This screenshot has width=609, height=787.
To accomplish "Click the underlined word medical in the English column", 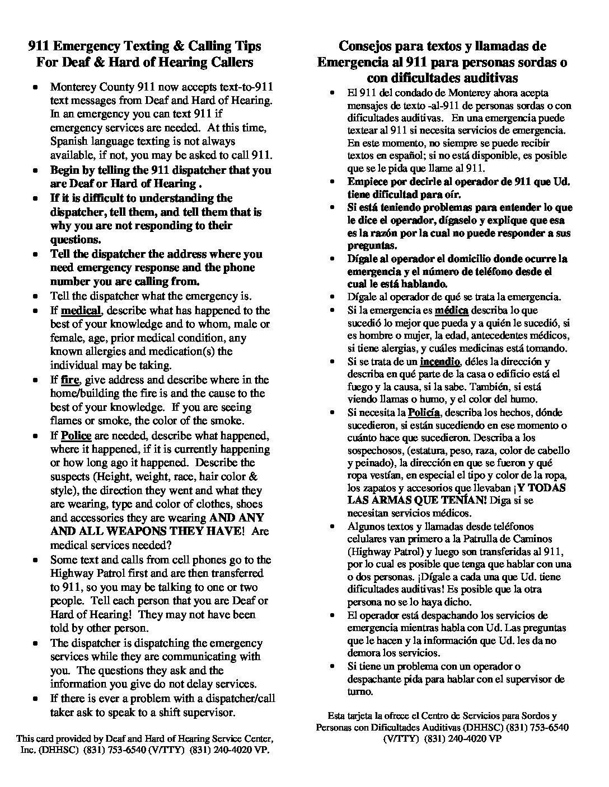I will tap(81, 310).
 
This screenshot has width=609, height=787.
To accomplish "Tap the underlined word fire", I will tap(70, 380).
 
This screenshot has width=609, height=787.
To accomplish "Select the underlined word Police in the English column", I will tap(76, 435).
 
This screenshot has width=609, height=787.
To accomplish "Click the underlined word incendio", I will tap(440, 362).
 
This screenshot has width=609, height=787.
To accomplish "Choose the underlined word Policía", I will tap(424, 413).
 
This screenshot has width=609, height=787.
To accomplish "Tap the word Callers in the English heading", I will tap(225, 62).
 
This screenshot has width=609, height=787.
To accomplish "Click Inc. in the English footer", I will tap(27, 750).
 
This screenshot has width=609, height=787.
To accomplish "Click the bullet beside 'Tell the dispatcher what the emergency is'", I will tap(36, 296).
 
